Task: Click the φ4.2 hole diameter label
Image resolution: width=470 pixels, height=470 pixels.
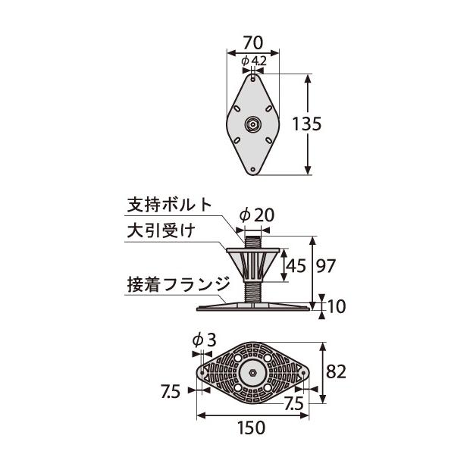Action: point(252,61)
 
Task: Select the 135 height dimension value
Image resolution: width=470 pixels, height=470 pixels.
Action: point(329,125)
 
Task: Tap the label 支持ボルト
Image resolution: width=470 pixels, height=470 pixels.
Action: point(169,205)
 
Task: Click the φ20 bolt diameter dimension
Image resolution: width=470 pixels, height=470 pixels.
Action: point(255,215)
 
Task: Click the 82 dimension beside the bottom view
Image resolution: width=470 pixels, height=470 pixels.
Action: point(337,372)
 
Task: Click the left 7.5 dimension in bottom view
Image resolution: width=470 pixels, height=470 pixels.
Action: point(171,391)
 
